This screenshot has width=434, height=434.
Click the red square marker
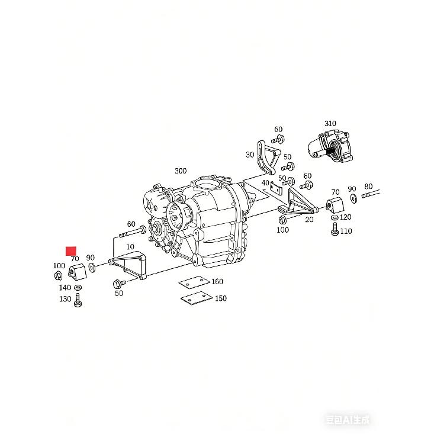71,251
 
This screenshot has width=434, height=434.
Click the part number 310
330,123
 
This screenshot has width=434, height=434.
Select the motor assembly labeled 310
330,146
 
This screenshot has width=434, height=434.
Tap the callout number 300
181,171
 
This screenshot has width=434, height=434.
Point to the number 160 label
217,281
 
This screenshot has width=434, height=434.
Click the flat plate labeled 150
197,298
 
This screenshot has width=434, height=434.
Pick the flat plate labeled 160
194,282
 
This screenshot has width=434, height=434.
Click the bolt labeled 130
78,300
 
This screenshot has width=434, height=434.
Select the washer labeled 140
78,288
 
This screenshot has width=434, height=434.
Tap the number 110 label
346,231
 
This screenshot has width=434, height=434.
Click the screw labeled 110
335,229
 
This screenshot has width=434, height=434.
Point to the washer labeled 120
335,217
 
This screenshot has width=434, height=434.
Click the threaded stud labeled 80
370,194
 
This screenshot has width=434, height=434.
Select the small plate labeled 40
276,188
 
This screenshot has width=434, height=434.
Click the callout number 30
250,155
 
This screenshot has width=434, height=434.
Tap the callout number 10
130,247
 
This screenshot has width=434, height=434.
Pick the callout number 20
310,220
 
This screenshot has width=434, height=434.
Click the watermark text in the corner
348,420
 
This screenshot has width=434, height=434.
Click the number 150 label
221,298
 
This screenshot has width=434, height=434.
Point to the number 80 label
368,187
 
